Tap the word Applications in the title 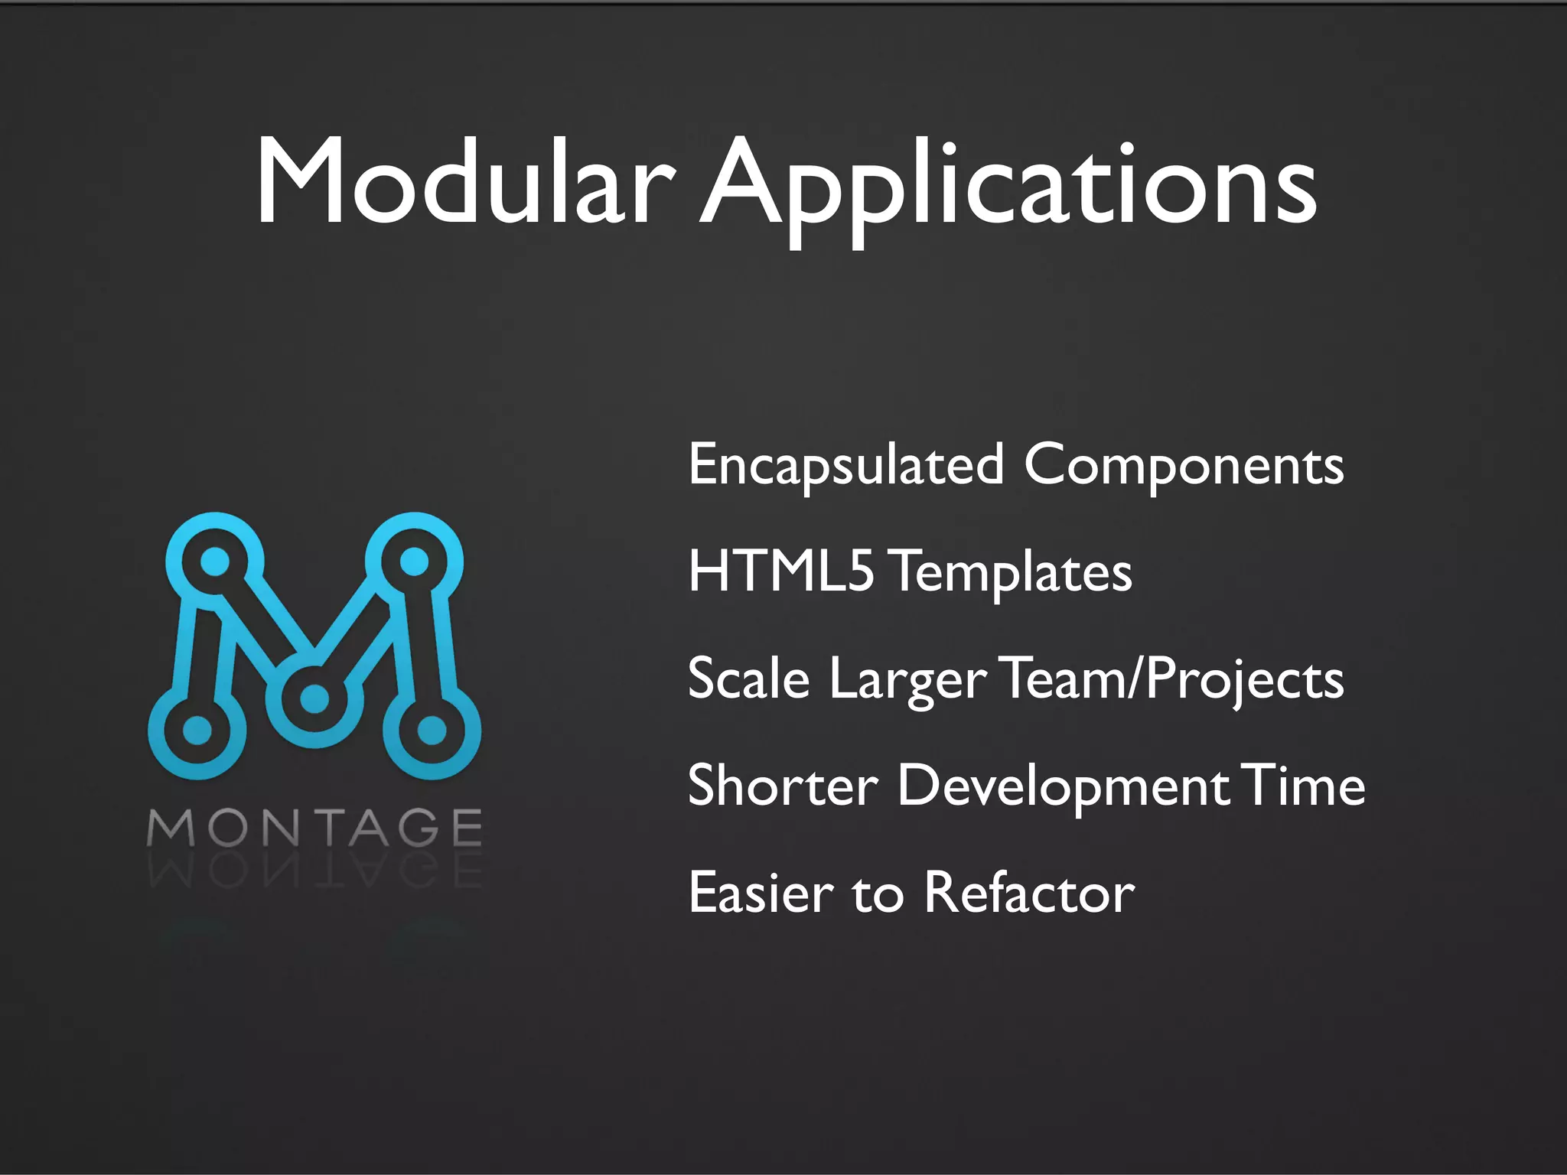1008,187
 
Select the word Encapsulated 845,465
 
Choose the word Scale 748,679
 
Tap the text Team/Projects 1171,680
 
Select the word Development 1064,787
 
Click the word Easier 761,893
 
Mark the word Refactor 1029,893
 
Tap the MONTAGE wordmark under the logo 314,828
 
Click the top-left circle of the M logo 215,561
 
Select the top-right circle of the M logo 414,561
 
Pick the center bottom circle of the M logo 314,698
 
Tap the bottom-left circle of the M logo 197,730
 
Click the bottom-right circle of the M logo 432,730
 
